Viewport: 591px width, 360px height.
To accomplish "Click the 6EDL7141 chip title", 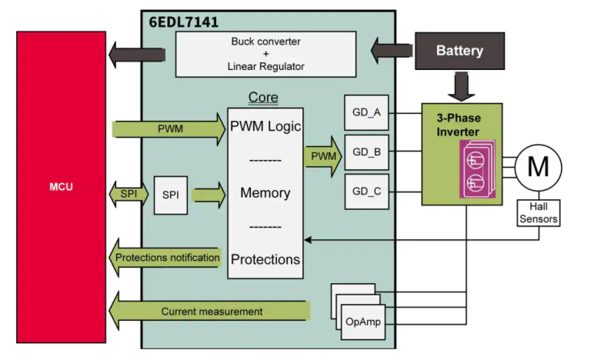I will pyautogui.click(x=182, y=20).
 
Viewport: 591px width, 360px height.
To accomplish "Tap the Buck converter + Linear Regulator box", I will pyautogui.click(x=265, y=54).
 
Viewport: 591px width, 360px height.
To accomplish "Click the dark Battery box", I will pyautogui.click(x=459, y=51).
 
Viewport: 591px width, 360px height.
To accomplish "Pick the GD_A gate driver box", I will pyautogui.click(x=366, y=113).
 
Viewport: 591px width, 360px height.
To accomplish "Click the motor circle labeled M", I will pyautogui.click(x=538, y=166).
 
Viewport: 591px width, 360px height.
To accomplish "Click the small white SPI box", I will pyautogui.click(x=170, y=195).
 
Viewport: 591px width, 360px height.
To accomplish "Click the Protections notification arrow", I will pyautogui.click(x=165, y=258).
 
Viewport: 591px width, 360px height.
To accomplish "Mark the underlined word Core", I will pyautogui.click(x=263, y=98).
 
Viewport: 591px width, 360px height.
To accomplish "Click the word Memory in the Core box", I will pyautogui.click(x=265, y=192).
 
